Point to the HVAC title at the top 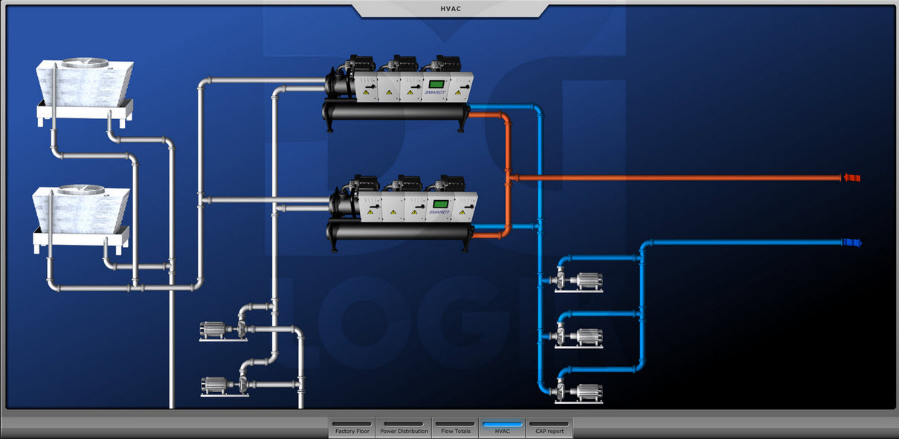[x=450, y=9]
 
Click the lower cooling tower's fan [x=81, y=191]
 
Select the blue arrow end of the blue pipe [x=852, y=243]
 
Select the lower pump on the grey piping [x=223, y=385]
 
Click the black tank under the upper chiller [x=395, y=112]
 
